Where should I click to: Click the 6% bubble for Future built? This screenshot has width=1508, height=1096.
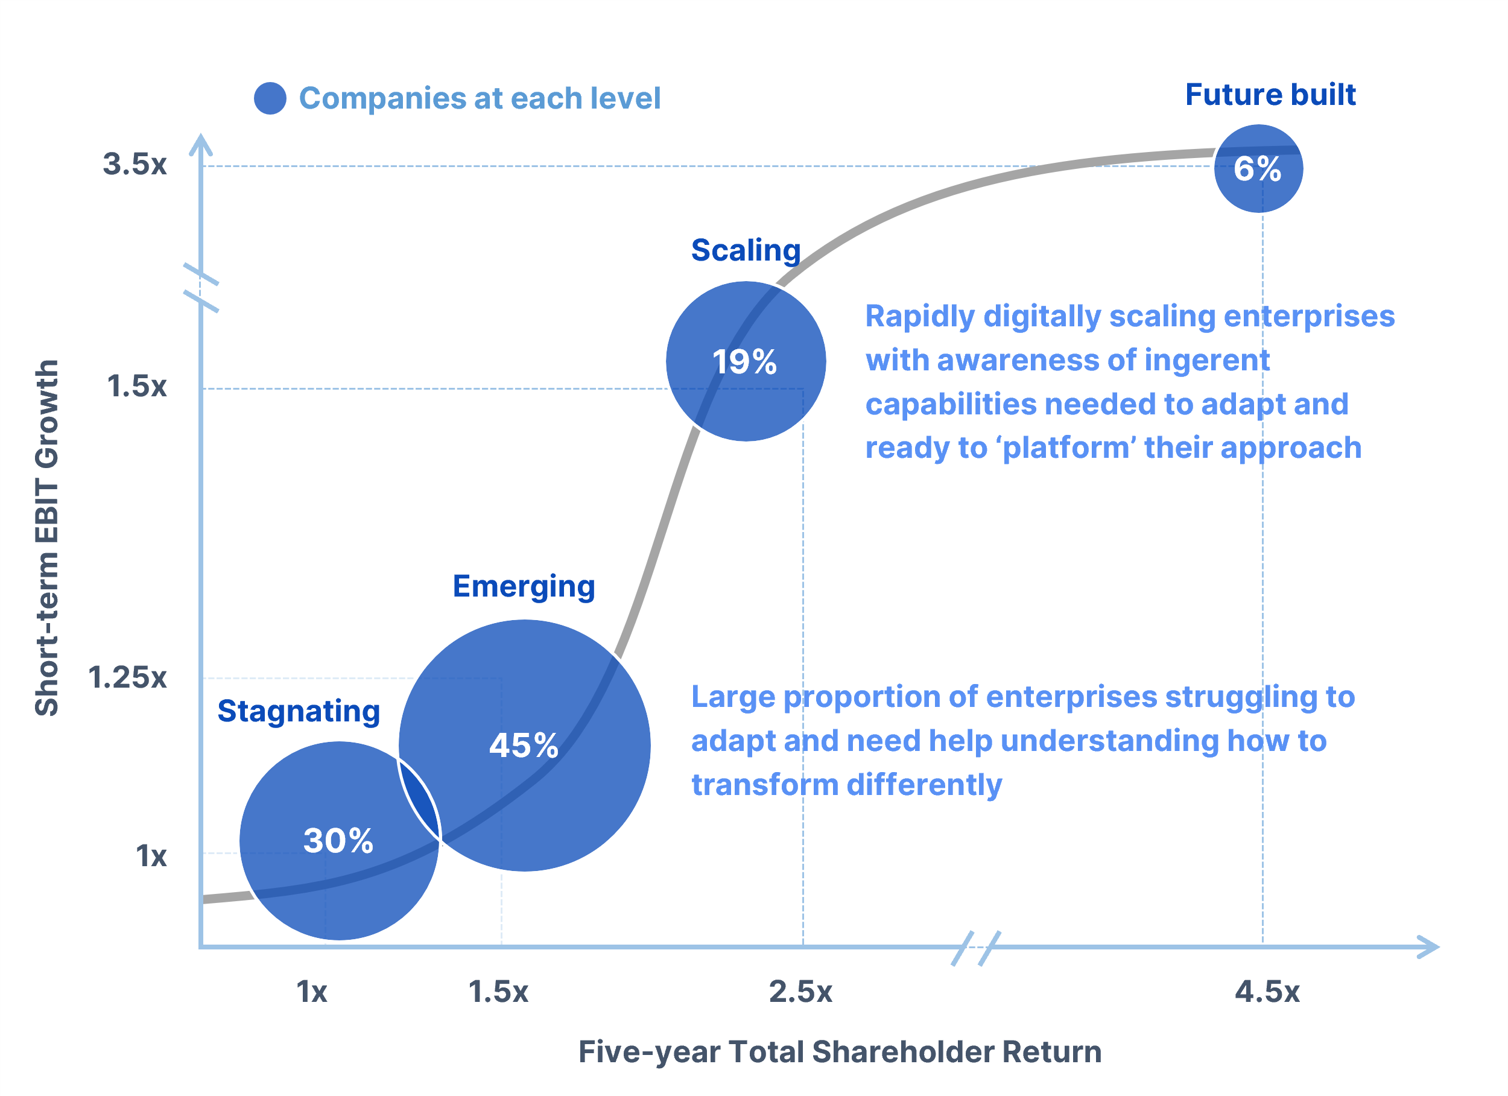(x=1258, y=169)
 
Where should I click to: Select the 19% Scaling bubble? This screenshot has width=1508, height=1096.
(x=746, y=361)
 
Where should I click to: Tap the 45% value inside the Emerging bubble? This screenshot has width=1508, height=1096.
(x=524, y=746)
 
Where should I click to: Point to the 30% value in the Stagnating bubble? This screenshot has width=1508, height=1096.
(x=338, y=841)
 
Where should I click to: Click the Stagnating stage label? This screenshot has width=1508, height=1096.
(x=299, y=712)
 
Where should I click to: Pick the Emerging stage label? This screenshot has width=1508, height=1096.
(x=524, y=586)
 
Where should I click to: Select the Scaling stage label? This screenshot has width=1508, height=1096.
(x=746, y=251)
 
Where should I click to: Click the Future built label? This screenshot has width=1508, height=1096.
(x=1270, y=95)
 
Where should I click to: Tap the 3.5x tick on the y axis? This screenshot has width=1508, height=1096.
(x=135, y=164)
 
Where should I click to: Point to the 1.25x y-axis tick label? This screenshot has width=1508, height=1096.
(x=127, y=677)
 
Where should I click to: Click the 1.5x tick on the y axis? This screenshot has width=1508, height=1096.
(x=136, y=387)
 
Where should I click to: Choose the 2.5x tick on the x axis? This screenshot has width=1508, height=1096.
(x=800, y=992)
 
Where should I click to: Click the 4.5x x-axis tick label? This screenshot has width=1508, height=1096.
(x=1267, y=992)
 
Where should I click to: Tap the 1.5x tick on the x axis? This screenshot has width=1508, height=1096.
(x=498, y=992)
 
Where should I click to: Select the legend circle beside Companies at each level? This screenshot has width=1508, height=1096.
(x=270, y=98)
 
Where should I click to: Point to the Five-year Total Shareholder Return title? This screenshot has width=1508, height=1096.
(x=840, y=1051)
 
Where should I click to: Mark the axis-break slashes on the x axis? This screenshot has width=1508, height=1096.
(x=975, y=948)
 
